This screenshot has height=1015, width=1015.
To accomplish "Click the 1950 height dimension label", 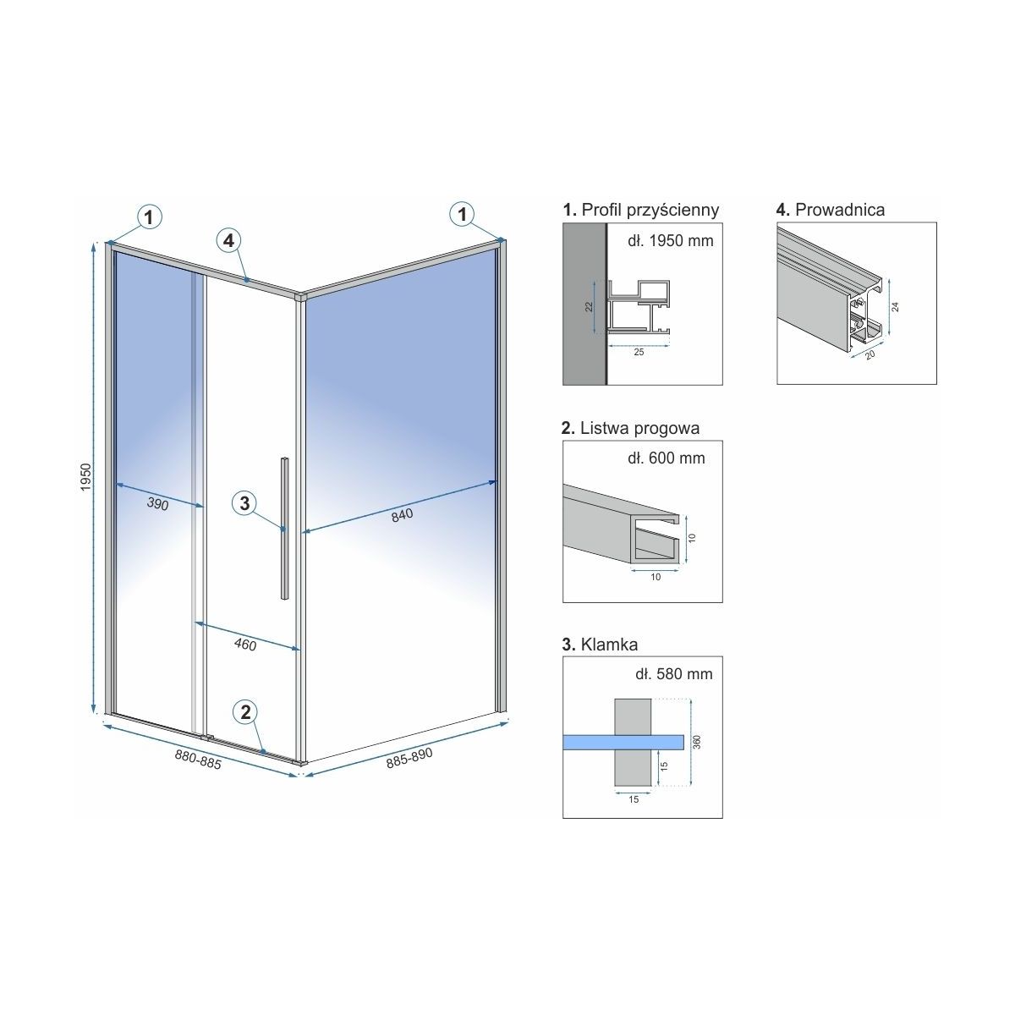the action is coord(86,477).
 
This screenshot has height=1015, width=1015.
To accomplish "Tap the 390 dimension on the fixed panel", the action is coord(157,504).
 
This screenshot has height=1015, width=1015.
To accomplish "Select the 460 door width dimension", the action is coord(245,645).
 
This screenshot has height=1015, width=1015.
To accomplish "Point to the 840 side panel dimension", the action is coord(402,515).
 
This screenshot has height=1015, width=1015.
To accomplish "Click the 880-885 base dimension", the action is coord(198,759).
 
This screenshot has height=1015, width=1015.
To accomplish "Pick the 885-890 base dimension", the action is coord(409,757).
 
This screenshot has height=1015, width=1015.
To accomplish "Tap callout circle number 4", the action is coord(228,241).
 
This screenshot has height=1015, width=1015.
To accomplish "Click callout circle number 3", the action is coord(244,503).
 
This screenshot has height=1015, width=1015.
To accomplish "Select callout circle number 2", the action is coord(245,712).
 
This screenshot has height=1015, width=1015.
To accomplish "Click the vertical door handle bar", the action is coord(284,529).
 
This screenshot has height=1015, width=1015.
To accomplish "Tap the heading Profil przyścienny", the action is coord(641,210).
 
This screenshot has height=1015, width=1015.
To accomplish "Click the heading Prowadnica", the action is coord(830,209).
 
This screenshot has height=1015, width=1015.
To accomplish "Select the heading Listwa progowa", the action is coord(630,428).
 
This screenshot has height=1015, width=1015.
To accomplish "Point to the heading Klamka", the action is coord(600,645).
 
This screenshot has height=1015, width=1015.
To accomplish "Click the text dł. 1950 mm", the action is coord(670,241).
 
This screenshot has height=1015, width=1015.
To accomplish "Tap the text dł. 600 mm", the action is coord(666,458).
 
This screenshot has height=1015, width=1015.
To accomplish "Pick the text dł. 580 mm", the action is coord(673,673).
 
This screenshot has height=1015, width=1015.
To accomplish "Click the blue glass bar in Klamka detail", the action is coord(623,742).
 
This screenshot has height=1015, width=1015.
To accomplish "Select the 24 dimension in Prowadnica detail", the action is coord(895,307).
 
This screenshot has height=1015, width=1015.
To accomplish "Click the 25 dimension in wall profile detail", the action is coord(639,352).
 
